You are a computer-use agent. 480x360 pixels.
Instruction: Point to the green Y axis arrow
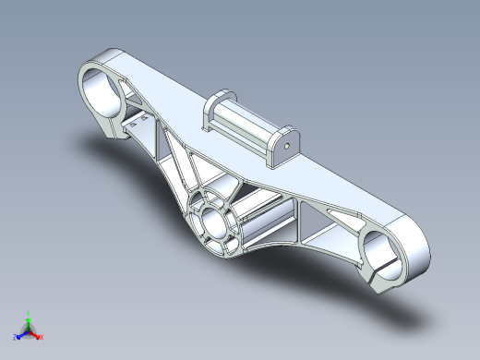29,318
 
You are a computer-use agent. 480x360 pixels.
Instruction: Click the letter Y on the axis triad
29,312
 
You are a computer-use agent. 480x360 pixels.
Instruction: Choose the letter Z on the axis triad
16,338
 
